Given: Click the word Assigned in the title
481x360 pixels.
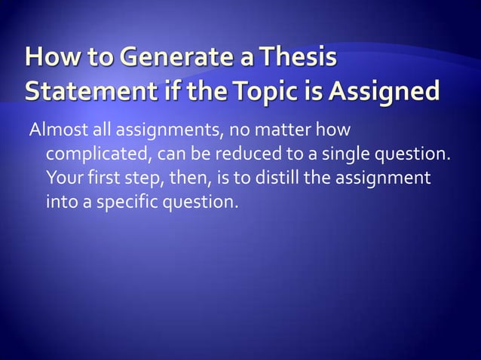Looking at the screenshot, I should pyautogui.click(x=391, y=92).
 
